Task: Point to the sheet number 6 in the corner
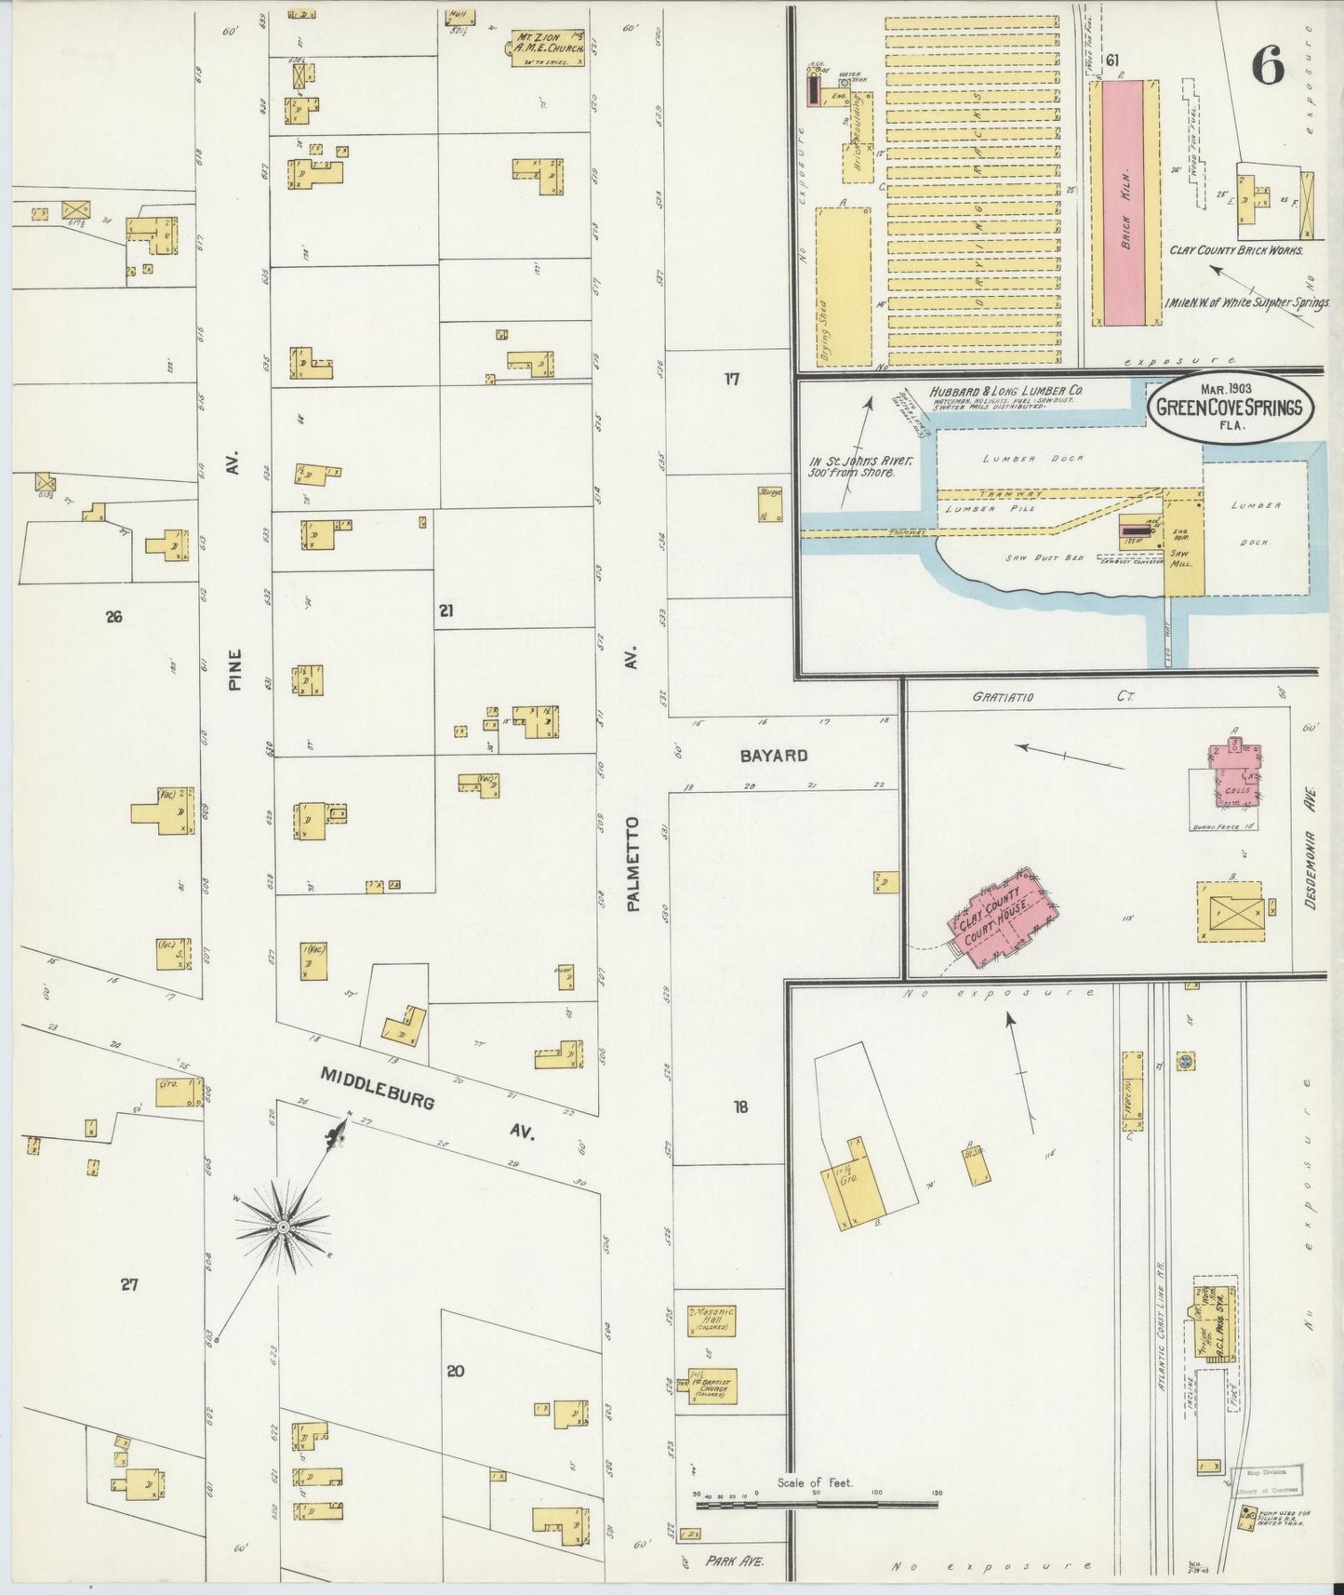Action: click(x=1268, y=66)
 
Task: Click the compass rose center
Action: click(x=282, y=1228)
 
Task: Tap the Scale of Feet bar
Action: click(x=817, y=1531)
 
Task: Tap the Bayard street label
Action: click(x=773, y=756)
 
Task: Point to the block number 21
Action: click(x=446, y=610)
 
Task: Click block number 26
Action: click(x=113, y=616)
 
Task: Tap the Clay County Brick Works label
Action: click(x=1236, y=250)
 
